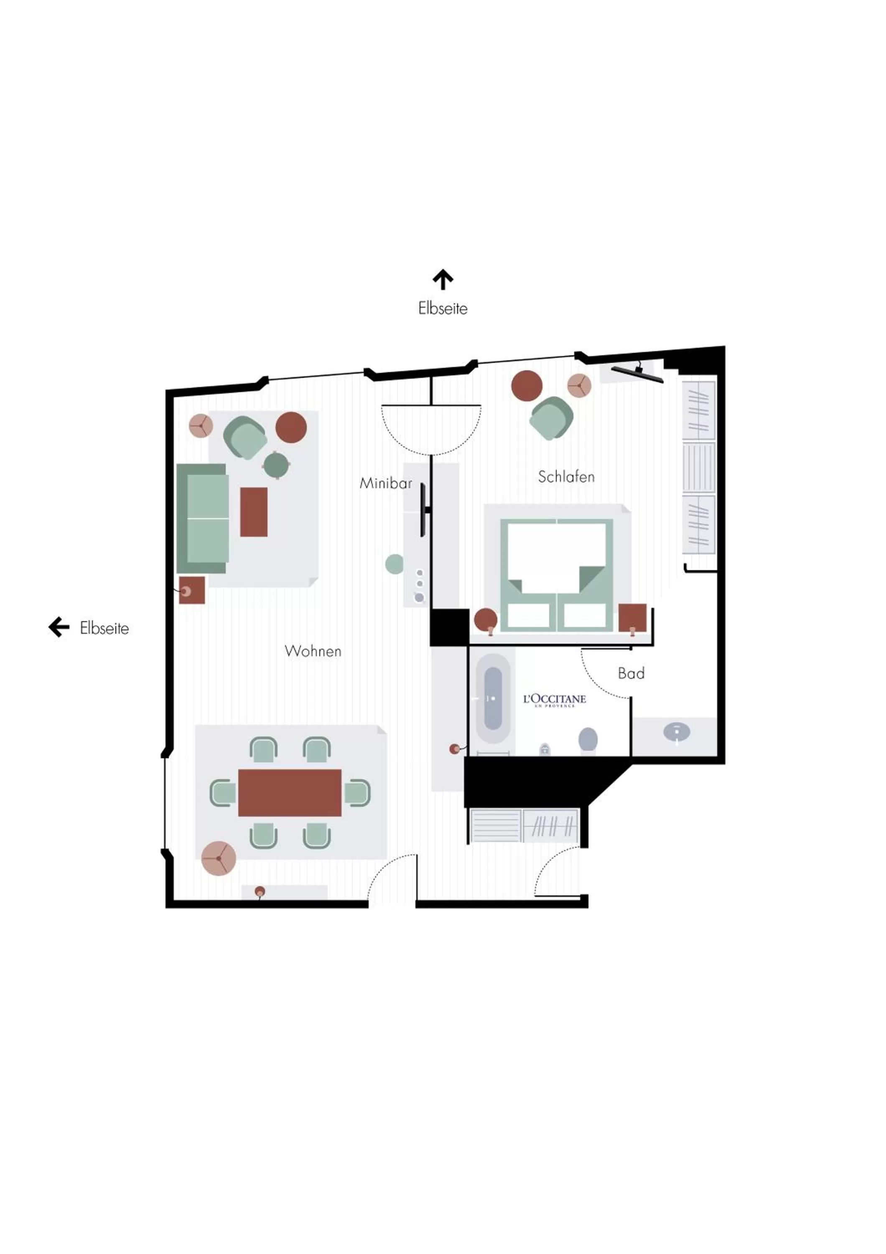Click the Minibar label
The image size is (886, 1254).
[385, 483]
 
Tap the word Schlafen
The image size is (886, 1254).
[566, 477]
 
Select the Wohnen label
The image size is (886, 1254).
[313, 651]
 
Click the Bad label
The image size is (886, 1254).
[631, 673]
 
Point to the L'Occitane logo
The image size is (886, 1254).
[555, 700]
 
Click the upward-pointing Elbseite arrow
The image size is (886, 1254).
[443, 279]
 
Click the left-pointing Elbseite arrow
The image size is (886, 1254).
[59, 627]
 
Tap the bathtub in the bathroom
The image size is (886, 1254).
[493, 698]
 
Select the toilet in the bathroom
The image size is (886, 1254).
[588, 740]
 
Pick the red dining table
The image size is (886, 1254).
[290, 793]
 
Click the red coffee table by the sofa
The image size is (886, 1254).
[254, 512]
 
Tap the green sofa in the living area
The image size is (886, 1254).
[202, 519]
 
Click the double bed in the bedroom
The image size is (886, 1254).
[556, 575]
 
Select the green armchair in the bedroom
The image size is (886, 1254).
[551, 418]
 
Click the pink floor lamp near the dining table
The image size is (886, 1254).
[218, 858]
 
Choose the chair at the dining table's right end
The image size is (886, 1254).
[358, 793]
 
